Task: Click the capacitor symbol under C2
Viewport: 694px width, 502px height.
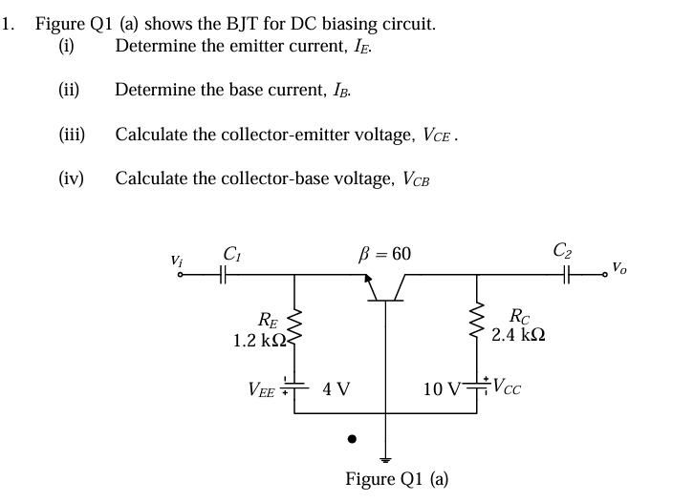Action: point(569,275)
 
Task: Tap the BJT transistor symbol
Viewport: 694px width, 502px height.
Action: point(386,287)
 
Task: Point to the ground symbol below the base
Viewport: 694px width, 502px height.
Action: point(386,456)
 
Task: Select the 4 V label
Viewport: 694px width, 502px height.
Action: point(336,389)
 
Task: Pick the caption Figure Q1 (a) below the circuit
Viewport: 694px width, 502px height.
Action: point(397,478)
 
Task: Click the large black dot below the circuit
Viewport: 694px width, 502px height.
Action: point(352,440)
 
